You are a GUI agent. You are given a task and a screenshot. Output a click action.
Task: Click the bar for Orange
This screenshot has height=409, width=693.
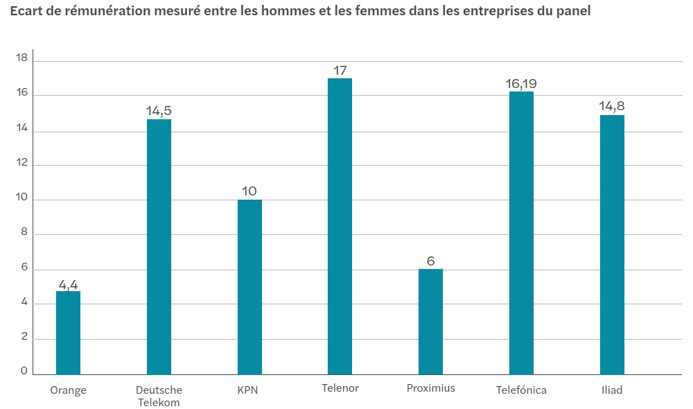[x=68, y=333]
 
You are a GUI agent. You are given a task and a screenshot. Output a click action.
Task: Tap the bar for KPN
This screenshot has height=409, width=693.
[x=249, y=287]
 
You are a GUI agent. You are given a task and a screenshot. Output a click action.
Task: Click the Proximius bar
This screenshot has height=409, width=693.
[x=430, y=322]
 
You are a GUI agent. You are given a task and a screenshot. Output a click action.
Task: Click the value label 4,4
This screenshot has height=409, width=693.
[x=68, y=284]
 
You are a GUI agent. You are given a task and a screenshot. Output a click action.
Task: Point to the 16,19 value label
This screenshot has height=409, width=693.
[x=521, y=84]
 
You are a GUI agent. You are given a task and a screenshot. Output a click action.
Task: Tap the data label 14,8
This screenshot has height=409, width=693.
[x=612, y=107]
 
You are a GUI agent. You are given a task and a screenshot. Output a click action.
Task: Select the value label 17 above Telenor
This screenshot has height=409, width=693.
[x=340, y=71]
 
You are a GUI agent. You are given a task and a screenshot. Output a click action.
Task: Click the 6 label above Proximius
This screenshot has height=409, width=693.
[x=430, y=261]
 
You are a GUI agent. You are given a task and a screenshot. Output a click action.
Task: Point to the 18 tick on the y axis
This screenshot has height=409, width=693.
[x=21, y=59]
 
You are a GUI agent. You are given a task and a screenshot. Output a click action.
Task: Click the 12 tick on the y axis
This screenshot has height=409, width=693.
[x=21, y=163]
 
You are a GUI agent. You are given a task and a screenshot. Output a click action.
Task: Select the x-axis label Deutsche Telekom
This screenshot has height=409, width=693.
[x=159, y=397]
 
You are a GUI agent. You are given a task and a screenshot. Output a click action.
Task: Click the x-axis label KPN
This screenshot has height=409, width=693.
[x=247, y=390]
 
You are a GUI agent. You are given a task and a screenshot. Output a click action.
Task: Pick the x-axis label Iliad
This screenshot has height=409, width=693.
[x=612, y=390]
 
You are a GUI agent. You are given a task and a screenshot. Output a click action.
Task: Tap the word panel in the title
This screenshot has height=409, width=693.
[x=572, y=11]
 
